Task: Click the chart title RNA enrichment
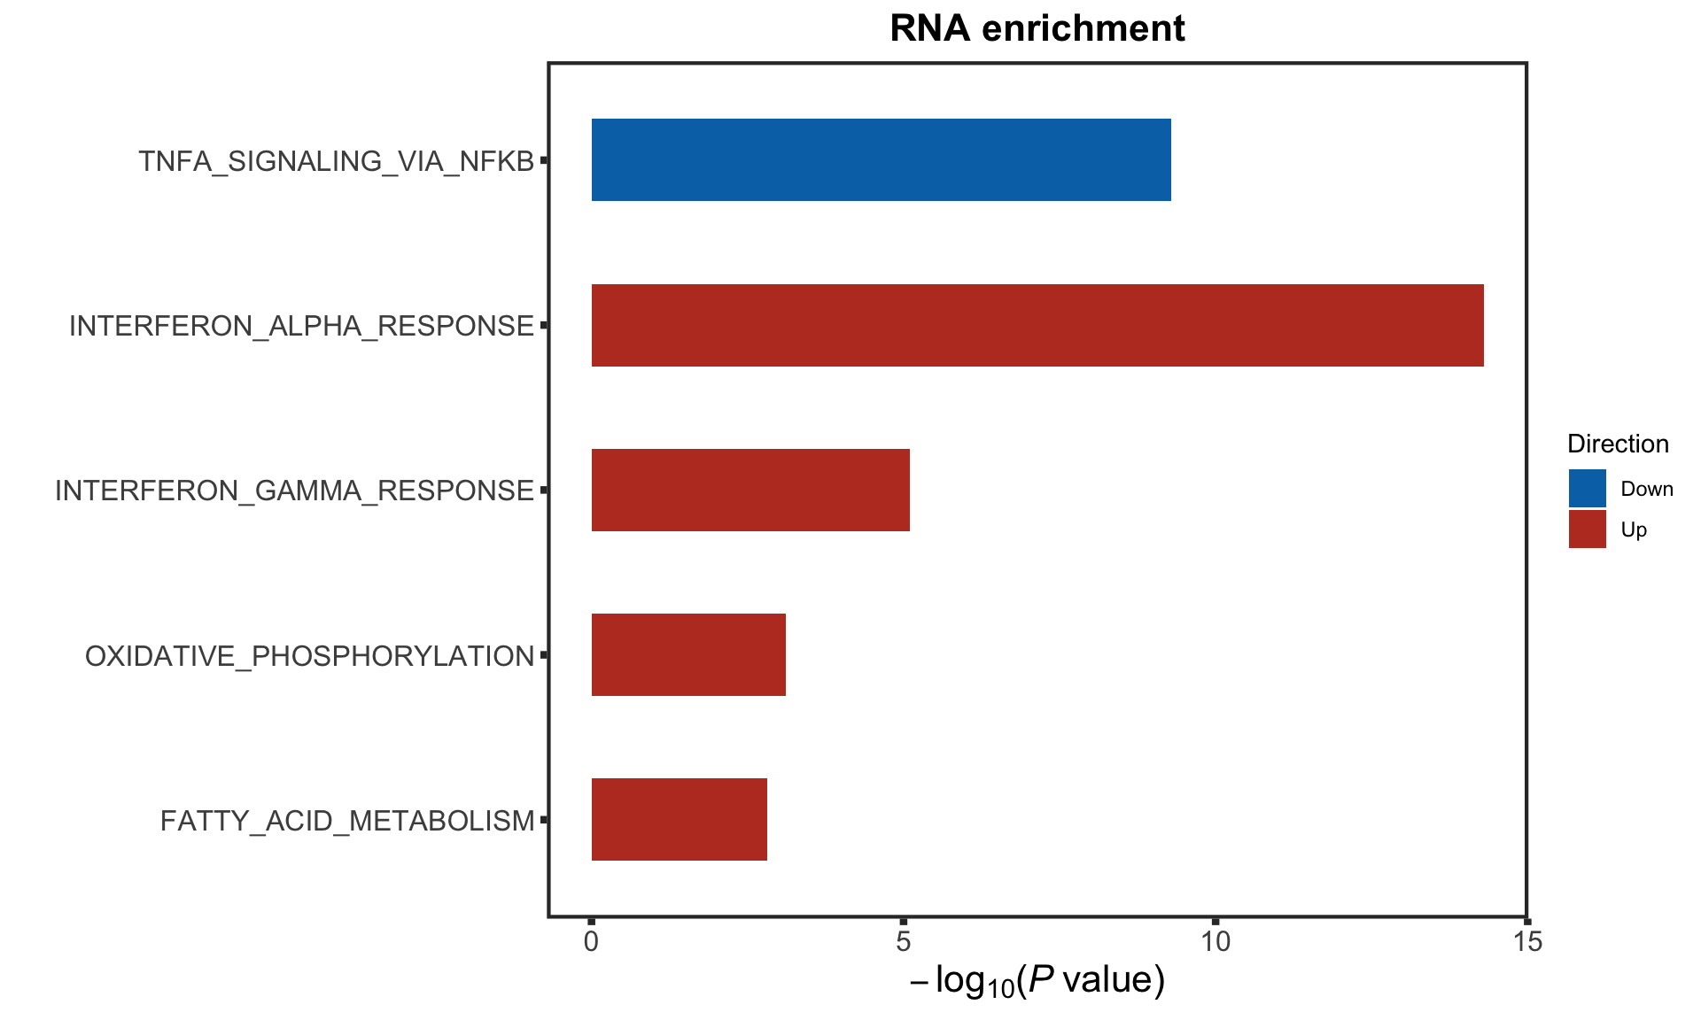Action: point(1037,28)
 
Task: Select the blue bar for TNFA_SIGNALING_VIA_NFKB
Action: point(881,160)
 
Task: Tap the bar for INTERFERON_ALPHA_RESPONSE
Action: point(1037,325)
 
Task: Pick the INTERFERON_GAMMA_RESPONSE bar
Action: point(750,490)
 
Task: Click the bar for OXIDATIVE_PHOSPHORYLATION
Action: point(688,654)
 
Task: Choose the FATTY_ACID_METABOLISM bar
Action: point(679,819)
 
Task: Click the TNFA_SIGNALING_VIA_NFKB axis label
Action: point(337,161)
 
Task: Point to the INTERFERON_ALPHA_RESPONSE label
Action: point(301,326)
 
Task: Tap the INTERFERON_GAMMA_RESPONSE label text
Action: point(294,491)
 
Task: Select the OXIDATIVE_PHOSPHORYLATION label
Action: point(309,656)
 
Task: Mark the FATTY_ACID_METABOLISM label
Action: point(347,821)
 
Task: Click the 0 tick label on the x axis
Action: point(591,941)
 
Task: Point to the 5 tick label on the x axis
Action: point(903,941)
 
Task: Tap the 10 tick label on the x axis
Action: point(1216,941)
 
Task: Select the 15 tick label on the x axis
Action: point(1527,941)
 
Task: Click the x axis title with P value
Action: point(1037,981)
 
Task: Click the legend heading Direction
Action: point(1618,444)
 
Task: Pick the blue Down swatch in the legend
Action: point(1587,488)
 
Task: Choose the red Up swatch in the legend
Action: point(1587,529)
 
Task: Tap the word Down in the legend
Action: point(1646,489)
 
